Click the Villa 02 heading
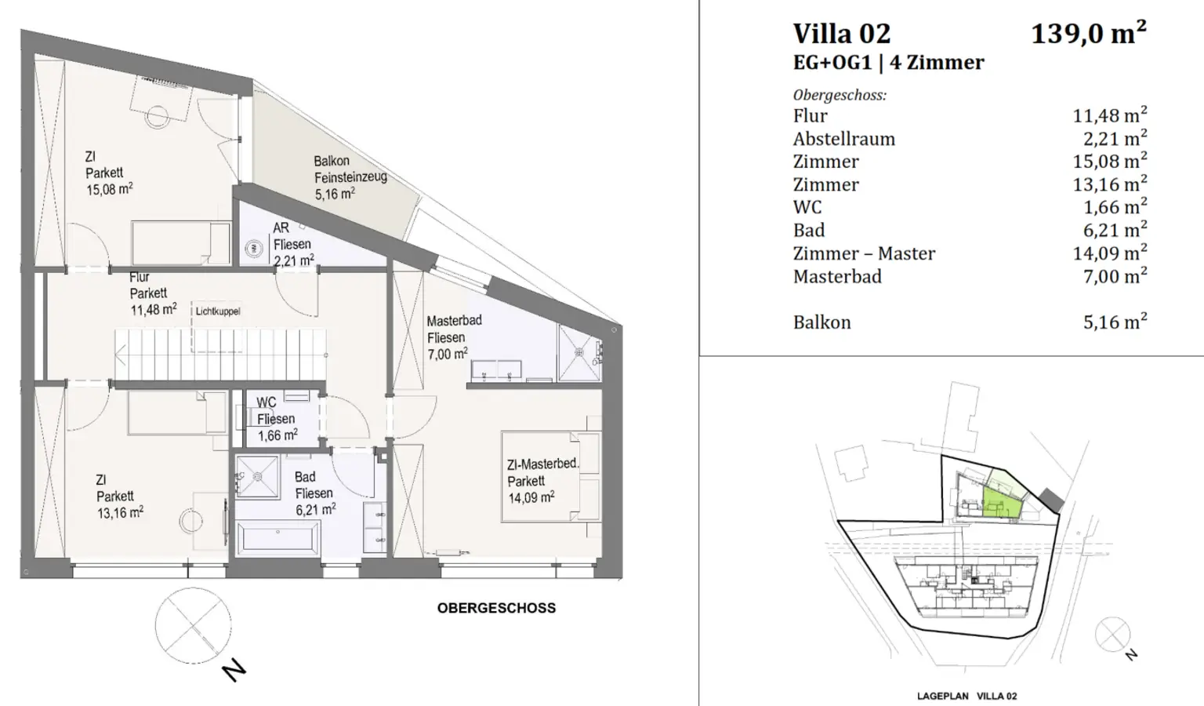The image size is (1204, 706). tap(841, 34)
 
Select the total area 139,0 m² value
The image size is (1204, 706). tap(1088, 33)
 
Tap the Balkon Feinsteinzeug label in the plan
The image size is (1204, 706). tap(350, 177)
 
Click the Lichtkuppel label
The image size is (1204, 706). tap(218, 311)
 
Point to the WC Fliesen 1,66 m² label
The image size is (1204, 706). tap(276, 419)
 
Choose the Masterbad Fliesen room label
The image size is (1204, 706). tap(453, 337)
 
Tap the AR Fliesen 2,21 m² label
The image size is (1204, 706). tap(292, 244)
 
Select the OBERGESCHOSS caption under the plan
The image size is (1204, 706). tap(496, 608)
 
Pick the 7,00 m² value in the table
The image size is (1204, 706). tap(1115, 276)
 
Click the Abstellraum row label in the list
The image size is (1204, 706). tap(843, 139)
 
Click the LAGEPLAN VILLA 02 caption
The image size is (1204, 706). tap(966, 696)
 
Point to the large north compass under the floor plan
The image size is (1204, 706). tap(194, 625)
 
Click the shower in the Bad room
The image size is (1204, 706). tap(258, 476)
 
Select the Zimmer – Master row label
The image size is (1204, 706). tap(864, 253)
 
